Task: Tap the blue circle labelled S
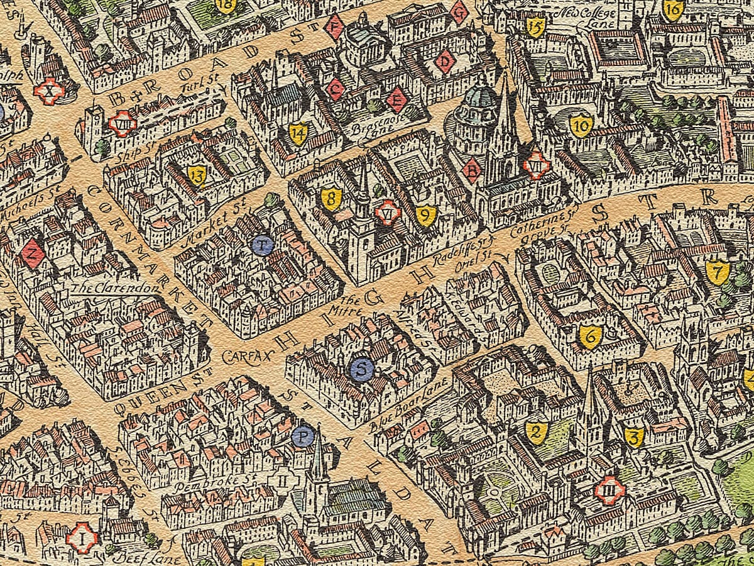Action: [x=361, y=370]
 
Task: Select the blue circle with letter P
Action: [x=303, y=436]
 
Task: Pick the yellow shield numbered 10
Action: [x=581, y=126]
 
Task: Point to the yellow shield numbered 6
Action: [x=590, y=336]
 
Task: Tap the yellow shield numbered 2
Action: [x=536, y=432]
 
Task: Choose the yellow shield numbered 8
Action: [x=331, y=199]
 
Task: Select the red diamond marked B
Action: [x=473, y=169]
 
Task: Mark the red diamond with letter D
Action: [x=446, y=61]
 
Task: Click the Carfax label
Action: [x=249, y=356]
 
